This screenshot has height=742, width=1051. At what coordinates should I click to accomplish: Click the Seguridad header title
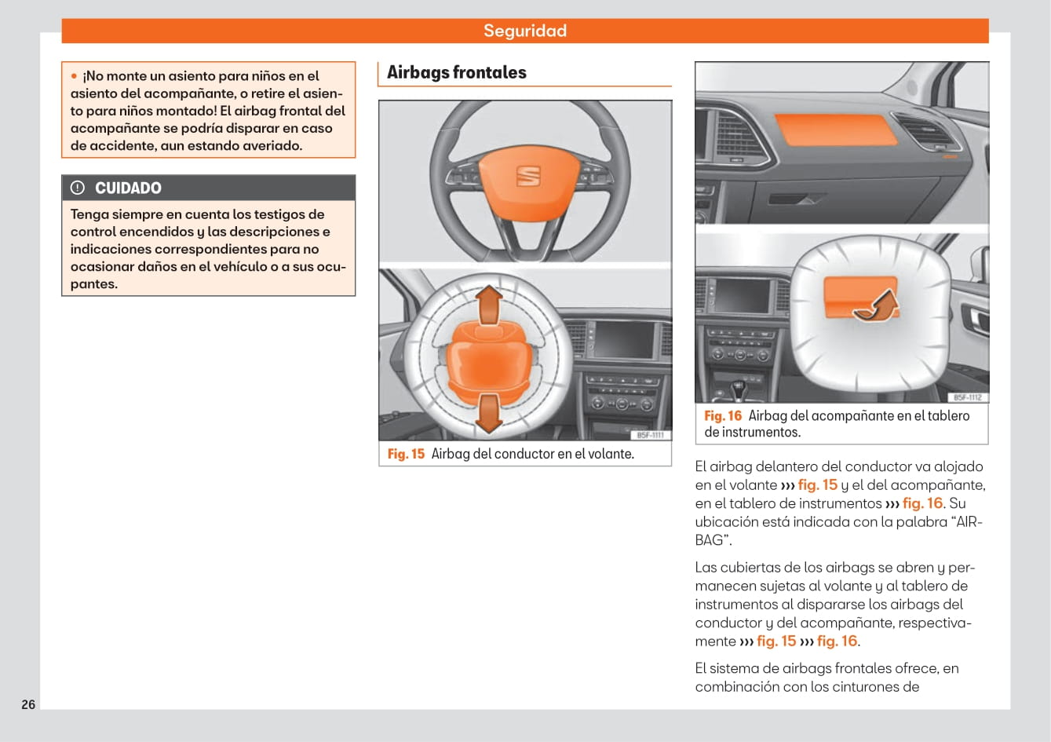[x=524, y=31]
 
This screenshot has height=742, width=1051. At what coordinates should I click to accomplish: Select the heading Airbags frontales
[x=457, y=72]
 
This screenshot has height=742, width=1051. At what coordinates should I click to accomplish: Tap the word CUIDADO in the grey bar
[x=128, y=188]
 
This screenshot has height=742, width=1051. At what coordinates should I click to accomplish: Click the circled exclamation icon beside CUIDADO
[x=78, y=188]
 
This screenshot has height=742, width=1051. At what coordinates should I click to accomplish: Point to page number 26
[x=28, y=704]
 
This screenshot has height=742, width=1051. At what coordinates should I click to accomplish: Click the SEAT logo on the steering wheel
[x=528, y=176]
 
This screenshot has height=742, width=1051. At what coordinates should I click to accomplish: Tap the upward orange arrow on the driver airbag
[x=490, y=305]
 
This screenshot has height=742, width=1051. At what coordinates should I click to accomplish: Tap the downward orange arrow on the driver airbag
[x=489, y=413]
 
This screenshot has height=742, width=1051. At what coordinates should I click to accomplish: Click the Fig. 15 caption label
[x=406, y=454]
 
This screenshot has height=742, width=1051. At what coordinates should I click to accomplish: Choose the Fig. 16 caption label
[x=722, y=416]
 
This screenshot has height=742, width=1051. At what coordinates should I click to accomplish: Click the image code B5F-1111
[x=650, y=435]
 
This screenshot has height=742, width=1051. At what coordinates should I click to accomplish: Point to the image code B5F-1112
[x=968, y=397]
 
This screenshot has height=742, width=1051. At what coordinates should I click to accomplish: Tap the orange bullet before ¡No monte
[x=74, y=76]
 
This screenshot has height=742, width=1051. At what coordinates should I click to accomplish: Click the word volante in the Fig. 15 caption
[x=609, y=454]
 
